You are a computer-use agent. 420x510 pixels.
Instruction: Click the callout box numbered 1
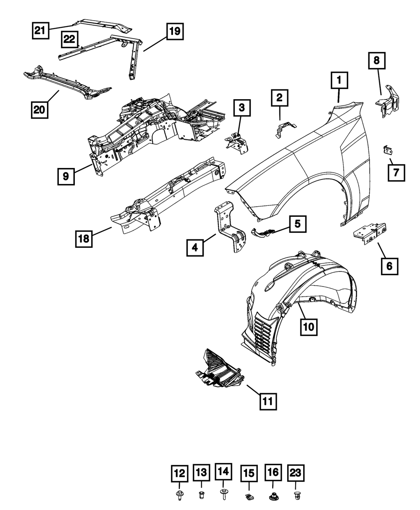click(340, 80)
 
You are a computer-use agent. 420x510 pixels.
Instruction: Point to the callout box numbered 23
click(296, 473)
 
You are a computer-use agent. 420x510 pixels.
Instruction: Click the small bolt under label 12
click(180, 497)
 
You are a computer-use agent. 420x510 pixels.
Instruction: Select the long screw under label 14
click(223, 494)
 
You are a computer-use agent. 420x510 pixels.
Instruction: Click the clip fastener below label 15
click(249, 497)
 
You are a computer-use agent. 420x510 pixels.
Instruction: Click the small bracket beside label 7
click(388, 150)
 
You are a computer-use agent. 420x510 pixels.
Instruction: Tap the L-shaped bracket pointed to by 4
click(230, 227)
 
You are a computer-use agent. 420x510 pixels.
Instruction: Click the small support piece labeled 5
click(264, 231)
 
